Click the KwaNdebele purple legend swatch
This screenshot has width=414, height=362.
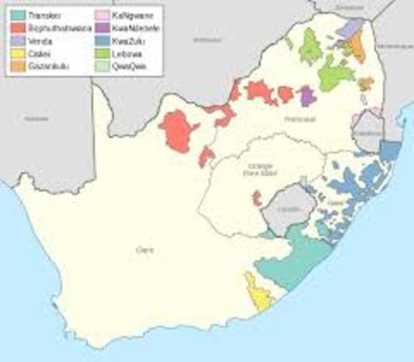pyautogui.click(x=100, y=26)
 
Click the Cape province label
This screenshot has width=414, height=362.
pyautogui.click(x=142, y=248)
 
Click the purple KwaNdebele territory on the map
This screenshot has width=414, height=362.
pyautogui.click(x=306, y=96)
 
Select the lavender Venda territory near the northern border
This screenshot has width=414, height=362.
pyautogui.click(x=349, y=29)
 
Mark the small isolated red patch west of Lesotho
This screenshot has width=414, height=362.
pyautogui.click(x=257, y=199)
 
